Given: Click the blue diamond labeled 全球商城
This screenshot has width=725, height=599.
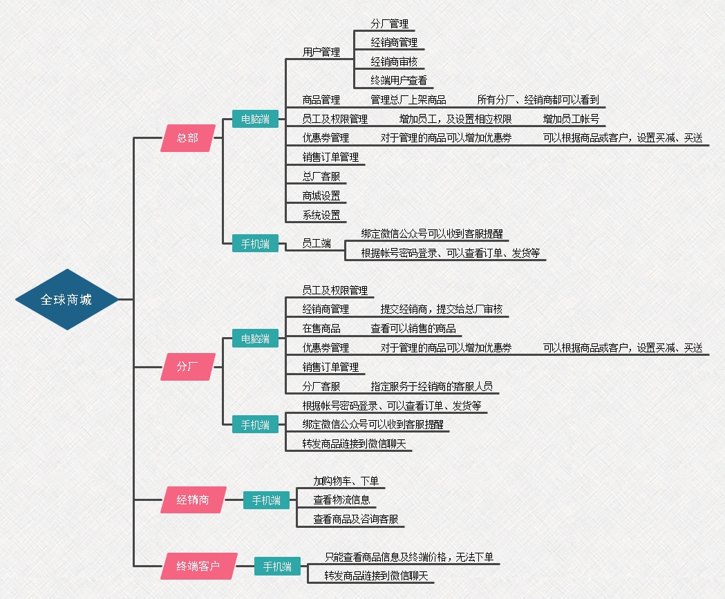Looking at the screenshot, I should pyautogui.click(x=66, y=299).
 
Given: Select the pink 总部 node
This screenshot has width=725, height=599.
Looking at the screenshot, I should pyautogui.click(x=187, y=138).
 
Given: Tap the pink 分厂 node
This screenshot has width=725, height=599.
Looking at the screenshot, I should pyautogui.click(x=187, y=366).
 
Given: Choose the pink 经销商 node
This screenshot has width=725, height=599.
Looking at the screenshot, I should pyautogui.click(x=193, y=500).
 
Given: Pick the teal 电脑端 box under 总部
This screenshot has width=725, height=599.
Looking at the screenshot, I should pyautogui.click(x=255, y=119).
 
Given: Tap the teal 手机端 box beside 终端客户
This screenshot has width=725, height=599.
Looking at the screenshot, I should pyautogui.click(x=277, y=567).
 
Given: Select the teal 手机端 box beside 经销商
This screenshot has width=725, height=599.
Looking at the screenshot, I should pyautogui.click(x=266, y=500).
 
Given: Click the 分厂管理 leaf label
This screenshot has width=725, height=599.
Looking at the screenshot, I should pyautogui.click(x=389, y=23).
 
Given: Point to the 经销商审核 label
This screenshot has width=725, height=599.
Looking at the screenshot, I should pyautogui.click(x=394, y=61).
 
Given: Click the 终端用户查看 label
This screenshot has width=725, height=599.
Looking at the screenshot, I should pyautogui.click(x=399, y=80).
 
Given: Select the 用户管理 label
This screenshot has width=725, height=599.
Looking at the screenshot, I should pyautogui.click(x=321, y=52).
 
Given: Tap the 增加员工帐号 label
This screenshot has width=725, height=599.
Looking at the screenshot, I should pyautogui.click(x=571, y=119).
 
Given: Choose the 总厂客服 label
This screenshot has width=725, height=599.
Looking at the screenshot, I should pyautogui.click(x=321, y=176).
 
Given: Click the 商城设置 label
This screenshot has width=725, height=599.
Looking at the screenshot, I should pyautogui.click(x=321, y=196).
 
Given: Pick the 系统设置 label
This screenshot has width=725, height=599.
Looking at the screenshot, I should pyautogui.click(x=321, y=215).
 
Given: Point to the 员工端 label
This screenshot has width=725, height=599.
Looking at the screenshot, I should pyautogui.click(x=317, y=243).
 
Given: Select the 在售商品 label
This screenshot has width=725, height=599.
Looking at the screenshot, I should pyautogui.click(x=321, y=328).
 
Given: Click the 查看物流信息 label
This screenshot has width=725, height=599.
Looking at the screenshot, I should pyautogui.click(x=341, y=500).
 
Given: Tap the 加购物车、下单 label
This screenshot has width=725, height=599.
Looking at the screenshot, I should pyautogui.click(x=346, y=481).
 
